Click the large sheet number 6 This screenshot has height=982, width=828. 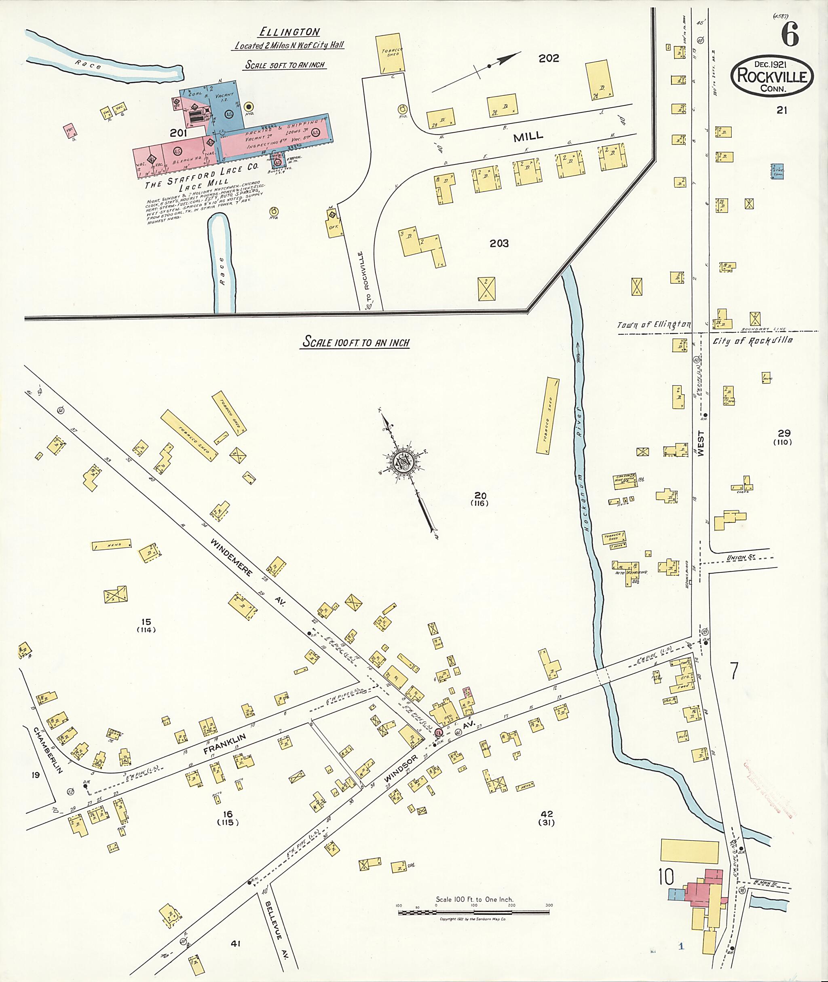790,35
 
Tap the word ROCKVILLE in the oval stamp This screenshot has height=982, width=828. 772,76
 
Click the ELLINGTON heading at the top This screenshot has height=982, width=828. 289,32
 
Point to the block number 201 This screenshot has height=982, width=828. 178,133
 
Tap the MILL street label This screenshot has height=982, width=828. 528,136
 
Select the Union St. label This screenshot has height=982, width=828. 740,557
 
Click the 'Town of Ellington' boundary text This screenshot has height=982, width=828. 653,324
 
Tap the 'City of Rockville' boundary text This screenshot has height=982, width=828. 752,340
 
